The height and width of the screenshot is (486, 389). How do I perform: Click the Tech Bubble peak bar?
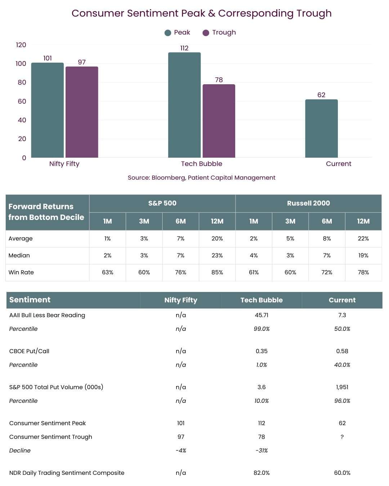pos(184,105)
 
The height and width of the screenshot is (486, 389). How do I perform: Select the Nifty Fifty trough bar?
pos(82,112)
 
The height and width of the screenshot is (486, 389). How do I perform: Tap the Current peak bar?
pos(321,129)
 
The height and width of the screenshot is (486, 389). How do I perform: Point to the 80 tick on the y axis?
pos(22,82)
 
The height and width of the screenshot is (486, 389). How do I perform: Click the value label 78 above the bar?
pos(219,80)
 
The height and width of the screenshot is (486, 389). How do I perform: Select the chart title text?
pos(201,13)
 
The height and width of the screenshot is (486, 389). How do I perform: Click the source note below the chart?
pos(201,177)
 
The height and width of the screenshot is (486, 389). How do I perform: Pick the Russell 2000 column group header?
pos(308,203)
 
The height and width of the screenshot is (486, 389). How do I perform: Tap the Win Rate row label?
pos(21,272)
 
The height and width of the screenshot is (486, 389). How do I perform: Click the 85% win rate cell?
pos(217,272)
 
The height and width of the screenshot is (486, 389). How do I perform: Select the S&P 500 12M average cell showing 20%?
pos(217,238)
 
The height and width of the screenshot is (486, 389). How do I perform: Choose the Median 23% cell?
pos(217,255)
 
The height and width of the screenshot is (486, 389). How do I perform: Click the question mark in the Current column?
pos(342,437)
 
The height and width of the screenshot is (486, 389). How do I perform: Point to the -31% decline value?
pos(261,450)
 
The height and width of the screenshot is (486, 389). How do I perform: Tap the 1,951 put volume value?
pos(342,387)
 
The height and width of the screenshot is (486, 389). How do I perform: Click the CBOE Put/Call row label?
pos(29,351)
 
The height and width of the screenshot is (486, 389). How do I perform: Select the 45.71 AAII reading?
pos(261,315)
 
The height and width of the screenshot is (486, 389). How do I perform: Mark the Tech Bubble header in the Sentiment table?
pos(261,300)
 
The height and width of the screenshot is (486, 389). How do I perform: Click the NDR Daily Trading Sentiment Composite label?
pos(67,473)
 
